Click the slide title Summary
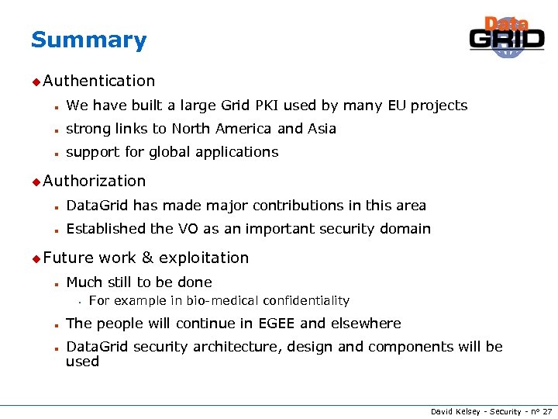[88, 40]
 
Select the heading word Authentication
[99, 81]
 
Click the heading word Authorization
[95, 181]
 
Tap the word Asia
[322, 129]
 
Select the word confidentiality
[306, 300]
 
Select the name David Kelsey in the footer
[456, 411]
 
